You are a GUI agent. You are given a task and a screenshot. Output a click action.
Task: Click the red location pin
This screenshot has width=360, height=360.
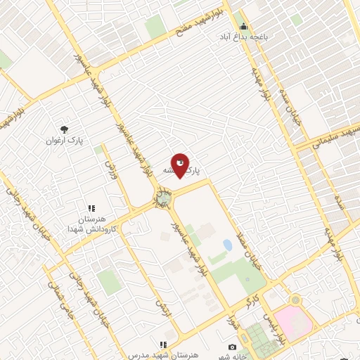[x=180, y=165]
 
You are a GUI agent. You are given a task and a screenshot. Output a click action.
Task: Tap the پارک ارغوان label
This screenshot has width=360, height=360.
[x=65, y=141]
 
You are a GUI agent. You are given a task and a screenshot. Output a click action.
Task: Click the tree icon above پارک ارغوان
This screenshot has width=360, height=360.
[x=65, y=129]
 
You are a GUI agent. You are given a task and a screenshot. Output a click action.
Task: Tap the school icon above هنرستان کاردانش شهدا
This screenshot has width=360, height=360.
[x=91, y=209]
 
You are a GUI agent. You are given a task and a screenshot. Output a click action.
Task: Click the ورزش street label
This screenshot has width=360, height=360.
[x=109, y=167]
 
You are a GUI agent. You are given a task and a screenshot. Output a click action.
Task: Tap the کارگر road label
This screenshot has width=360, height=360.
[x=247, y=301]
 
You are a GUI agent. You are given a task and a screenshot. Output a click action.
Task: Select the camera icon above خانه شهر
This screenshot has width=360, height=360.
[x=232, y=347]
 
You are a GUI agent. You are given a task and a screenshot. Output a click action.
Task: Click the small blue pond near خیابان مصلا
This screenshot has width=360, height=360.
[x=227, y=245]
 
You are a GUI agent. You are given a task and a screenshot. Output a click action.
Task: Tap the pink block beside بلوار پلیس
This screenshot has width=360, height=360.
[x=294, y=322]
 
